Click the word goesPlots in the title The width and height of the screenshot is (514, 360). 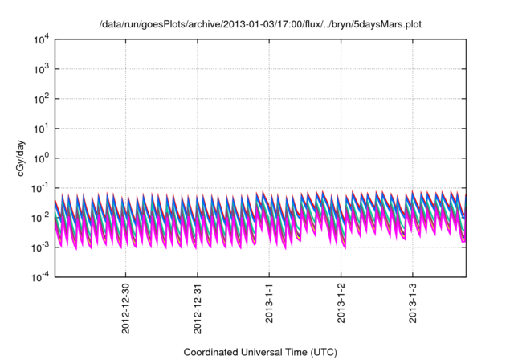coord(164,25)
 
